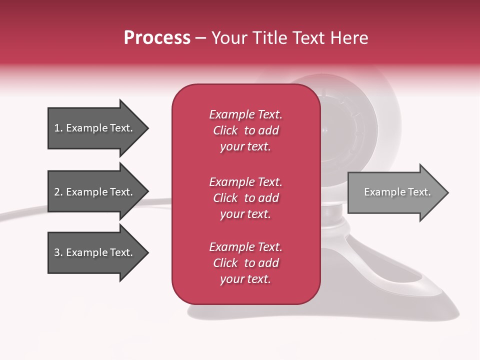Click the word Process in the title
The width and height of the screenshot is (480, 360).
point(157,38)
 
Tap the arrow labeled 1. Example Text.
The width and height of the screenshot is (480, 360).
point(95,128)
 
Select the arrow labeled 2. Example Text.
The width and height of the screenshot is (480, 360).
point(95,192)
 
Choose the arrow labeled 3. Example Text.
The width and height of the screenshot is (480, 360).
point(95,252)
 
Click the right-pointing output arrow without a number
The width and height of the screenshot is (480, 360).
point(395,192)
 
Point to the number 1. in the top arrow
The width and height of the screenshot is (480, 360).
point(58,128)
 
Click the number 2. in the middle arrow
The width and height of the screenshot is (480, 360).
point(58,192)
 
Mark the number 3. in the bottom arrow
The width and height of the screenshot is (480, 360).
point(58,252)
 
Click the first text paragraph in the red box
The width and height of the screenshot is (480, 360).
point(245,130)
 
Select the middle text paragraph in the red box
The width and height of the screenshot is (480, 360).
point(245,198)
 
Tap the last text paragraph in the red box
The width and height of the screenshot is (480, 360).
point(245,263)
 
